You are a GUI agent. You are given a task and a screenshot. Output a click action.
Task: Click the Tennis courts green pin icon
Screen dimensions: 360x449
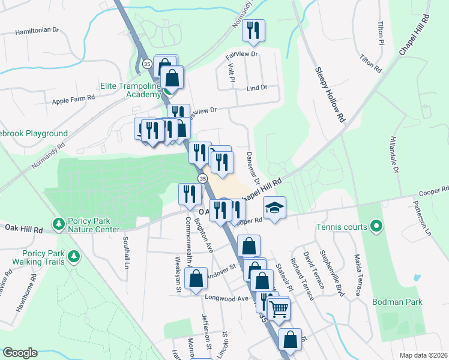[376, 227]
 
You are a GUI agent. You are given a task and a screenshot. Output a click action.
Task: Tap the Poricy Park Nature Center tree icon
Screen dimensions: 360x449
[59, 224]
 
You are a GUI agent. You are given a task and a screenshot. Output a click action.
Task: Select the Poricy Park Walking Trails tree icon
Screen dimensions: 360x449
[74, 257]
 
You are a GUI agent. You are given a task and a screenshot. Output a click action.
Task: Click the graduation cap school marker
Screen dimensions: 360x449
[274, 208]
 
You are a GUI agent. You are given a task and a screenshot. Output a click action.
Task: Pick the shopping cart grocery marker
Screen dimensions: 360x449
[278, 309]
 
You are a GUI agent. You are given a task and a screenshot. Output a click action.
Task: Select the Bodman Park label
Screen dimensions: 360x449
[397, 302]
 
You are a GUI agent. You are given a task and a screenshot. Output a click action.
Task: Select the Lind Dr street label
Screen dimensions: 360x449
[256, 88]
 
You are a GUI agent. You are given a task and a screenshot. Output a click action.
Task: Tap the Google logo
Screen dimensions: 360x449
[19, 353]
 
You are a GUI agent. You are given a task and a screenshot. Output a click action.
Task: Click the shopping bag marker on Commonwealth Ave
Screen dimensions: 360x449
[196, 279]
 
